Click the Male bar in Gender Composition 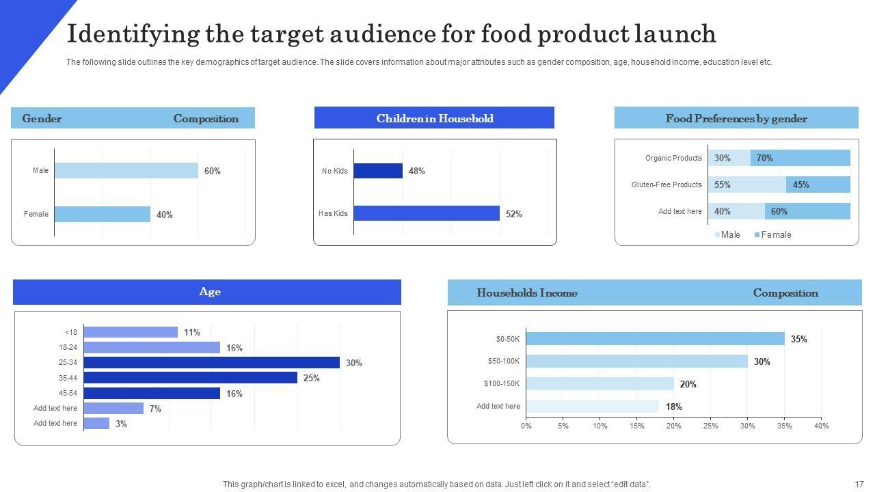(x=126, y=170)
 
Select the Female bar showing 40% (x=102, y=214)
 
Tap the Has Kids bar (x=426, y=213)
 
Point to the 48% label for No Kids (x=417, y=171)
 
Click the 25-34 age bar (x=211, y=363)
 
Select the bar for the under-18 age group (x=131, y=332)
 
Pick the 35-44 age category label (x=68, y=378)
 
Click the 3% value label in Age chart (x=121, y=424)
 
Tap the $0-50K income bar (x=655, y=339)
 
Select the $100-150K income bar (x=600, y=384)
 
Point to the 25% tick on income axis (x=710, y=426)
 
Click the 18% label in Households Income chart (x=673, y=407)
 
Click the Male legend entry (x=727, y=234)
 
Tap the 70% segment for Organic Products (x=800, y=158)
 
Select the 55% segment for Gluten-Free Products (x=746, y=184)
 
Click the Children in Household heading (x=434, y=118)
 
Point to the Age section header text (x=210, y=292)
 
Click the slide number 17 (x=859, y=484)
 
